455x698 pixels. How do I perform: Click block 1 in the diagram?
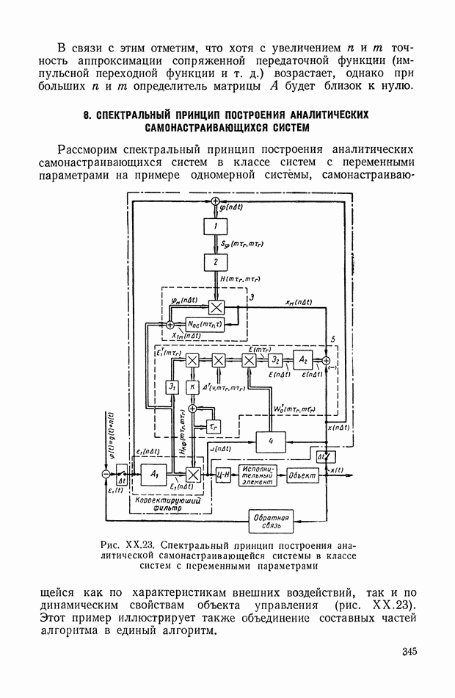coord(216,228)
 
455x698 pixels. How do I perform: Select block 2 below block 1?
coord(216,262)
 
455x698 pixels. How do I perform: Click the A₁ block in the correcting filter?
coord(154,475)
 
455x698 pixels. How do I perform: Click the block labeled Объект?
coord(303,475)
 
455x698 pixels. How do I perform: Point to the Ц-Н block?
coord(222,475)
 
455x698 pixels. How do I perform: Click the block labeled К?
coord(192,386)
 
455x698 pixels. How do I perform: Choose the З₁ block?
coord(172,386)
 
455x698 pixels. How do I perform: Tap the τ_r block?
coord(214,425)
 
